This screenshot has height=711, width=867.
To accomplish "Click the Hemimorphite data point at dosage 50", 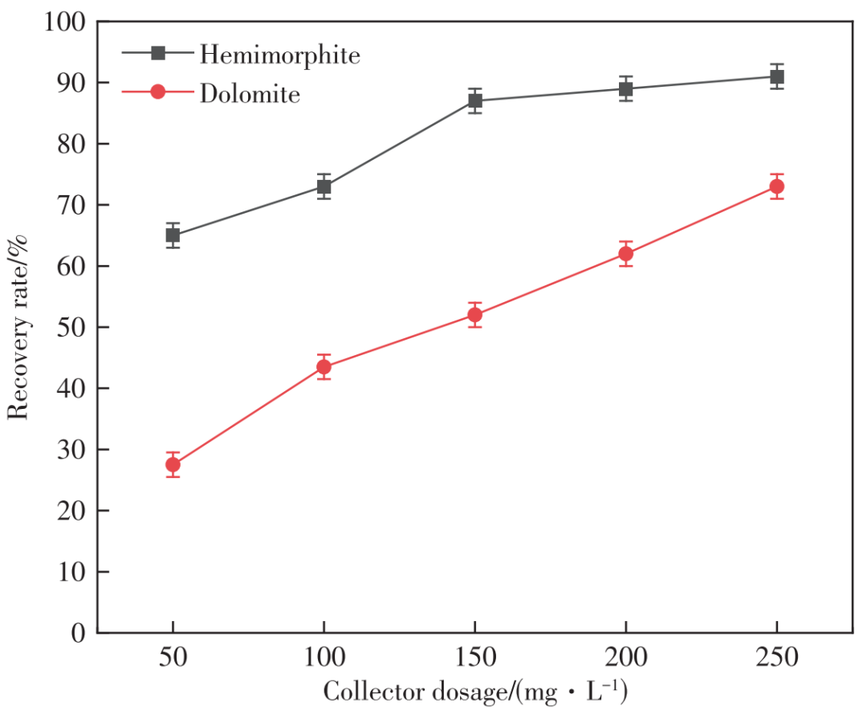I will coord(173,235).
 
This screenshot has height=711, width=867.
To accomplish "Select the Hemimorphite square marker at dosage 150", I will coord(475,101).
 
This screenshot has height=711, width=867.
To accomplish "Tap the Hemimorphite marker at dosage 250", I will coord(776,77).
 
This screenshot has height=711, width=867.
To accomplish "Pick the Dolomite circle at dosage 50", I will coord(173,464).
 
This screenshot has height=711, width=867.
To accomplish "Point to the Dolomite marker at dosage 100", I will coord(324,367).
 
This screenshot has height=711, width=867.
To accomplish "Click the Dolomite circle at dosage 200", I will coord(625,254).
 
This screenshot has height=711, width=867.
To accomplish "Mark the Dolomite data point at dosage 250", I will coord(776,186).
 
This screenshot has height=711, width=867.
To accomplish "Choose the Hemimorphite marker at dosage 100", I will coord(324,187).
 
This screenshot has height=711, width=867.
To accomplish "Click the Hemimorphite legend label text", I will coord(279,55).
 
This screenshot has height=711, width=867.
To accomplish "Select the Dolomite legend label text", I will coord(250,94).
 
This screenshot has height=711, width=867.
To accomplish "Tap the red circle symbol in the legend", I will coord(158,92).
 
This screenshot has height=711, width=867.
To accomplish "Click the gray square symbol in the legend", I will coord(158,53).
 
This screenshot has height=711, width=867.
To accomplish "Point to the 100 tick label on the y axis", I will coord(63,22).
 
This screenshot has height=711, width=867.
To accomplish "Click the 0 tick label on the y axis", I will coord(78,633).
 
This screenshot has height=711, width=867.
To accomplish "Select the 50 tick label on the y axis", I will coord(69,328).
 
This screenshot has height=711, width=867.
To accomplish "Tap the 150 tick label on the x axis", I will coord(474,659).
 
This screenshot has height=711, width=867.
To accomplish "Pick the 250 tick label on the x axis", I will coord(776,659).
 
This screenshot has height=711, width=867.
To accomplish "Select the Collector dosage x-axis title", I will coord(474,692).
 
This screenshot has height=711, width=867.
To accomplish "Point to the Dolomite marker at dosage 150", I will coord(474,315).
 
